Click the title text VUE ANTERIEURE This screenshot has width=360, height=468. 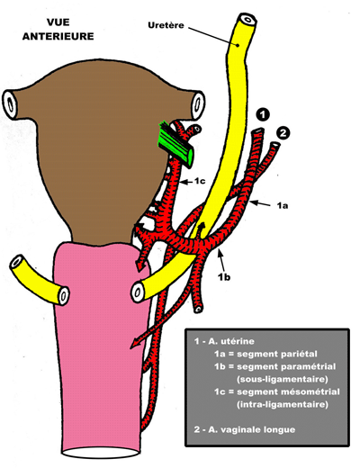point(58,30)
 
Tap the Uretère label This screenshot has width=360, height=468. point(166,25)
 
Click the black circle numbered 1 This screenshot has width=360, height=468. point(263,114)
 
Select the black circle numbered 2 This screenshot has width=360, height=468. point(283,133)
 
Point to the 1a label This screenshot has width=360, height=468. point(282,205)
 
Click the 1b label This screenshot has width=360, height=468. point(224,277)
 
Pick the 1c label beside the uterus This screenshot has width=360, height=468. point(200,181)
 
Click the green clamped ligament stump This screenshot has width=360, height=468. point(176,143)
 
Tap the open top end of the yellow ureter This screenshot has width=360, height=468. point(247,20)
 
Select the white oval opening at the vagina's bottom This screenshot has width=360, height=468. point(101,452)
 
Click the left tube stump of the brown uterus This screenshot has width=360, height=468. point(11,103)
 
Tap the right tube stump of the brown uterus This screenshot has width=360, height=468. point(197,104)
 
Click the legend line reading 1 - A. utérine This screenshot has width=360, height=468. point(224,341)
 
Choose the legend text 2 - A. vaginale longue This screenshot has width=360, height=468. point(245,429)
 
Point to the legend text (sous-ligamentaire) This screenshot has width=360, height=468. point(282,379)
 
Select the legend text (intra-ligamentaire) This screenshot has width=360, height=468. point(282,404)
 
